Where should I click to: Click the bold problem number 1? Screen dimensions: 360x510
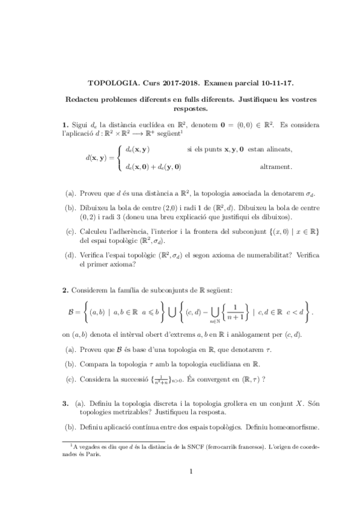(65, 124)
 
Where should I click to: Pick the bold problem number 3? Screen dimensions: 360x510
(65, 404)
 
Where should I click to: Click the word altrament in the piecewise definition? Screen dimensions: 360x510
(275, 166)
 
